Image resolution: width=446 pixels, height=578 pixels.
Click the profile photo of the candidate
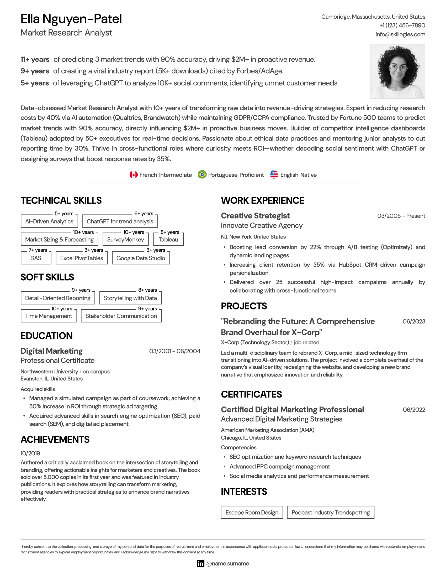[397, 71]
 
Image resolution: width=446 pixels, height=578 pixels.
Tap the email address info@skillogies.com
[400, 34]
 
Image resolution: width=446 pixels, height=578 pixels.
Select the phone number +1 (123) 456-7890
[402, 25]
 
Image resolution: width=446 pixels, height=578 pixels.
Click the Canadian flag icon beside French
[134, 175]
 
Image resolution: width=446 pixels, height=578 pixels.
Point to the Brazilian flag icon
[202, 175]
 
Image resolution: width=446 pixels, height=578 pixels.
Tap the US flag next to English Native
[274, 174]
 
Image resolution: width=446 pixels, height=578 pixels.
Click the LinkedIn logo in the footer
[200, 564]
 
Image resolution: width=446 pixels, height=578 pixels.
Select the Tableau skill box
[168, 240]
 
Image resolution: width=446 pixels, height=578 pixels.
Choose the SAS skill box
[36, 258]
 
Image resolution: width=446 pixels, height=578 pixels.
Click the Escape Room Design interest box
[252, 512]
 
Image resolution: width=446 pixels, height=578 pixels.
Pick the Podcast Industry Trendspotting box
[330, 512]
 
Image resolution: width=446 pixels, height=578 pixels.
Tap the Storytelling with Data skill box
[130, 298]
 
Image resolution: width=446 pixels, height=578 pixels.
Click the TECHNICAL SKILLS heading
[61, 200]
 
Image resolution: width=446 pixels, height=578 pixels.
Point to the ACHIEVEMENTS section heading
[55, 439]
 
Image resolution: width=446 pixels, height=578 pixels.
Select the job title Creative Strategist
[255, 216]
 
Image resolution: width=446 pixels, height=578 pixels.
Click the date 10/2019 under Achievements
[30, 453]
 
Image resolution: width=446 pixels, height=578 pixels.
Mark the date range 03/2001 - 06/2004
[175, 351]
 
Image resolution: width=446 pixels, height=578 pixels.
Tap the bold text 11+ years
[35, 59]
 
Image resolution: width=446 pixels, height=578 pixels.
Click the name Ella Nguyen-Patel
[71, 19]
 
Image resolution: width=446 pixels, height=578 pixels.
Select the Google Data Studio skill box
[141, 258]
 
